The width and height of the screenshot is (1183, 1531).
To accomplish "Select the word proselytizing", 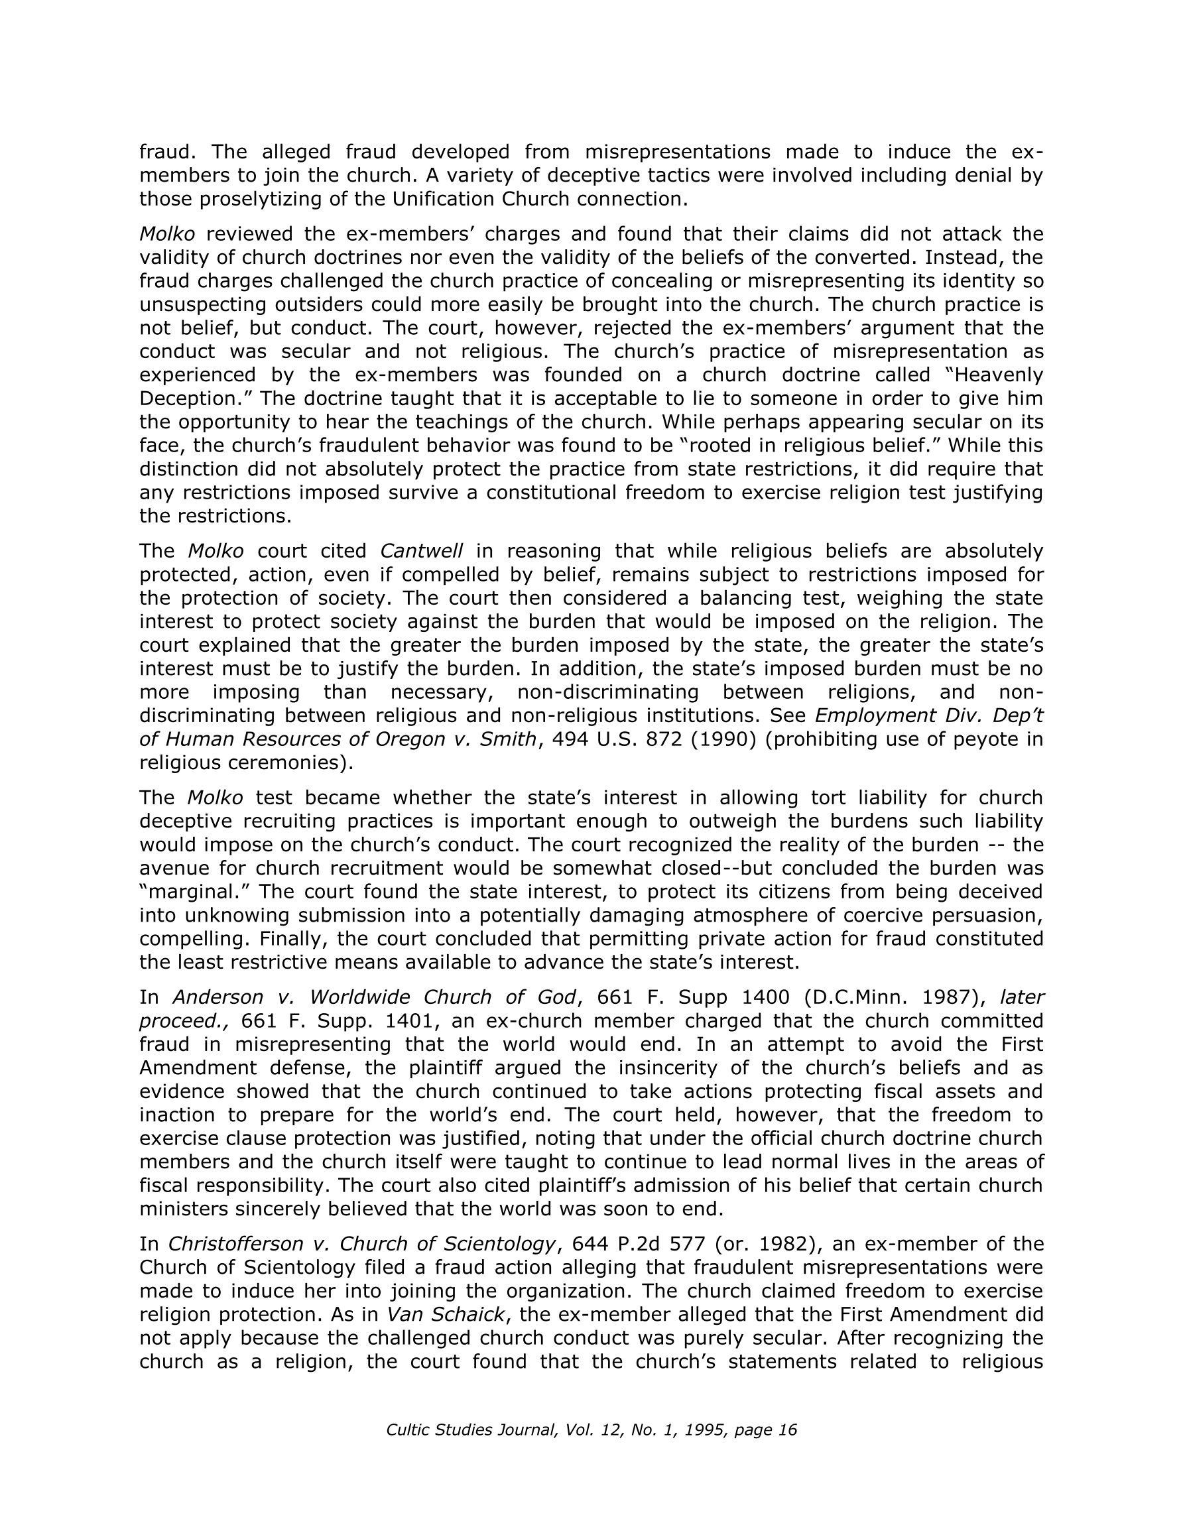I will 271,199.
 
